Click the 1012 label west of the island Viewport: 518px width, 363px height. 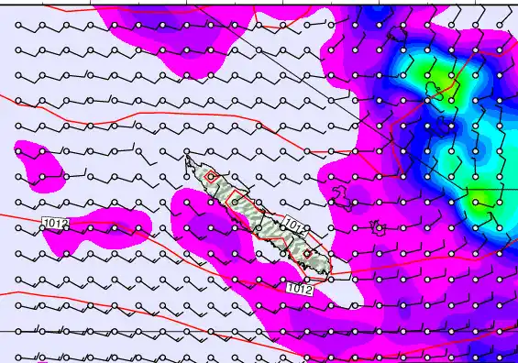[56, 222]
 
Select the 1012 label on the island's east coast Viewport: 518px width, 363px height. [293, 224]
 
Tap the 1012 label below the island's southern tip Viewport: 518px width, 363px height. [300, 289]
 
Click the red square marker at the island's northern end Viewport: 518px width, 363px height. [211, 176]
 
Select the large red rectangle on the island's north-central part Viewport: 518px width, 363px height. [240, 199]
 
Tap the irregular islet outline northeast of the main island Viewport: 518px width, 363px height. [343, 194]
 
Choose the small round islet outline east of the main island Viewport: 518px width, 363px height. [375, 225]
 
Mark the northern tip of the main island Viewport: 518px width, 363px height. [188, 160]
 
